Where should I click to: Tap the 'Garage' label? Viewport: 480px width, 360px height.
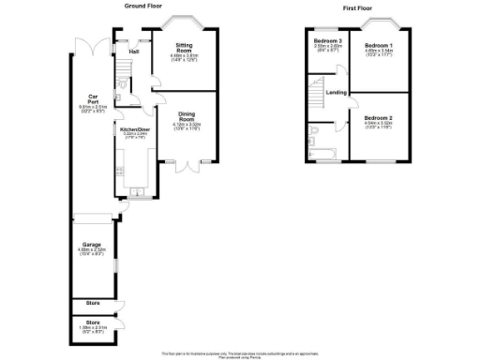(x=91, y=246)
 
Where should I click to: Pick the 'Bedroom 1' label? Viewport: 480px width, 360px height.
(x=378, y=45)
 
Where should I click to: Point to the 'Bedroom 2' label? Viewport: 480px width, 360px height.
(x=379, y=118)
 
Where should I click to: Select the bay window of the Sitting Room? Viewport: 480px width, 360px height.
(x=183, y=19)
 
